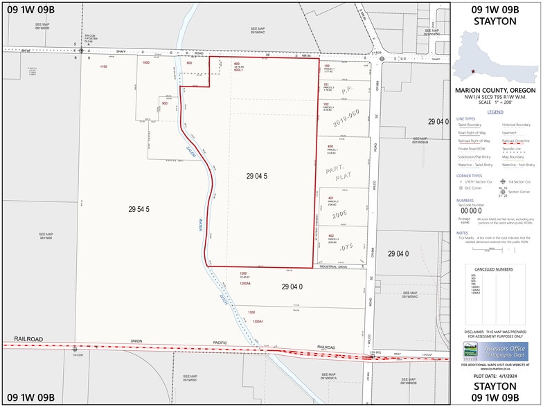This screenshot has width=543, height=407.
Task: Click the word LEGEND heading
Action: tap(495, 111)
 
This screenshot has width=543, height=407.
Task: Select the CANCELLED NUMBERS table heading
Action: tap(494, 269)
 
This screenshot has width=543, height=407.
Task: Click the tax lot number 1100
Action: tap(104, 66)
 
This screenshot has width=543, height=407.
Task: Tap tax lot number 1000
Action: tap(145, 63)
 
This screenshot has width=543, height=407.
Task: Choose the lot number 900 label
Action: tap(165, 103)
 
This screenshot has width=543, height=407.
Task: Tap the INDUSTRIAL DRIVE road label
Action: tap(338, 266)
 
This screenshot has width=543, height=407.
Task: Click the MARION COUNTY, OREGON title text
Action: tap(495, 90)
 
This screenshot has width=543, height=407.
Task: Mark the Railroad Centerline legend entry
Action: tap(518, 141)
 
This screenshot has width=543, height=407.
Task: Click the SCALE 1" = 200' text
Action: tap(495, 103)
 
